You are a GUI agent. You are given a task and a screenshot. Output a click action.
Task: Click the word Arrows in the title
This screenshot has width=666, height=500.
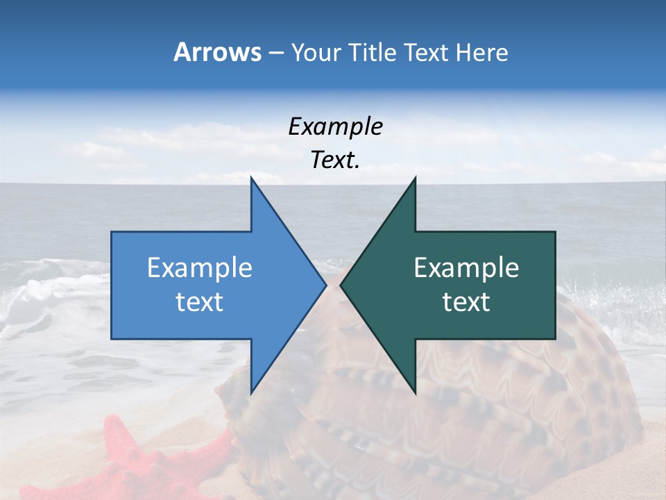218,52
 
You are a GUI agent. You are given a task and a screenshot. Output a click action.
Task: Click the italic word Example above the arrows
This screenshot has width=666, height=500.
335,127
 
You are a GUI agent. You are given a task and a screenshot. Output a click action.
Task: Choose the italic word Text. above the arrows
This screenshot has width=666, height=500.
335,160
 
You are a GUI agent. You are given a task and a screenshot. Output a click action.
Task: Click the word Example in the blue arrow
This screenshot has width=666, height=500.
200,268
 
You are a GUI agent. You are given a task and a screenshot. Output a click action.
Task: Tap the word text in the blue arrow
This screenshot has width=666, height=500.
200,302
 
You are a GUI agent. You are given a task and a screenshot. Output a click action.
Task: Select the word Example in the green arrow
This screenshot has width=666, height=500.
466,268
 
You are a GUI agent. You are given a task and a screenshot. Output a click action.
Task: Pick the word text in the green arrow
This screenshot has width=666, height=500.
466,302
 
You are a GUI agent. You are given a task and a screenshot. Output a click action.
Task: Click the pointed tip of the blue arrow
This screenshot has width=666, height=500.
325,285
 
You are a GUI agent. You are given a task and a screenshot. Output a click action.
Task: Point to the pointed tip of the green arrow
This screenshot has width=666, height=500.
341,285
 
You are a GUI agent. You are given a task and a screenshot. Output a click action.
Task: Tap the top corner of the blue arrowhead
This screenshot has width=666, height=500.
251,178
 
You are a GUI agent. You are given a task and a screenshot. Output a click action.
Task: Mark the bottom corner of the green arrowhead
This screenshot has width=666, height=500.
415,393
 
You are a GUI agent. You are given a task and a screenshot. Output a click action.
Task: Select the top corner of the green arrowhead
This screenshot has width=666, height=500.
415,178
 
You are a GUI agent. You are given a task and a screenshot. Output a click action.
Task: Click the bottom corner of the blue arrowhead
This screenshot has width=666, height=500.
251,393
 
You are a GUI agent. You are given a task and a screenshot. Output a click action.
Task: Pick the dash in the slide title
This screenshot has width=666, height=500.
275,53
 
